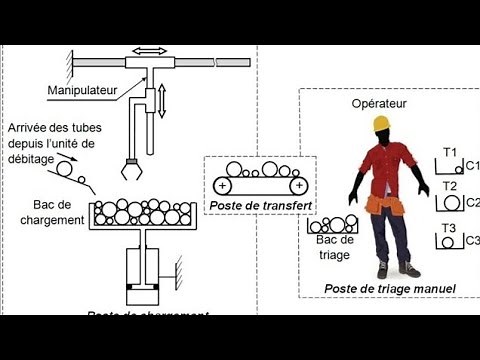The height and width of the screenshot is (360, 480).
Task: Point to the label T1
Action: [450, 152]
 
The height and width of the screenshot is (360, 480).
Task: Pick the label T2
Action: [450, 187]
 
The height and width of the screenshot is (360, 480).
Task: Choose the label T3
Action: [450, 226]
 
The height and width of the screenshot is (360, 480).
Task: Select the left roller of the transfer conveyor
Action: [222, 184]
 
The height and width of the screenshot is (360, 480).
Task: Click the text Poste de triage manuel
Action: [390, 289]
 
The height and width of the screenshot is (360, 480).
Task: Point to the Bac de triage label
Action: [335, 247]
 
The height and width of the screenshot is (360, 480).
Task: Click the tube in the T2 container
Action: [452, 204]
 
